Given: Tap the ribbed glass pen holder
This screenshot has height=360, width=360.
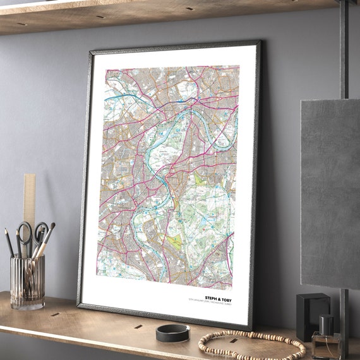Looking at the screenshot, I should (x=27, y=282).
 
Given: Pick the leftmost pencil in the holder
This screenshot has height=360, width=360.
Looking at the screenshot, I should (x=9, y=240).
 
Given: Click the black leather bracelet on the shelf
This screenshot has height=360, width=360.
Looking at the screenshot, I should (x=172, y=333).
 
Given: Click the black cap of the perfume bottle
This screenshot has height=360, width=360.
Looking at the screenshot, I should (x=327, y=325).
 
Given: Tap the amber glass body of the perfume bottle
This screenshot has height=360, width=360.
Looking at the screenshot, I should (x=326, y=346).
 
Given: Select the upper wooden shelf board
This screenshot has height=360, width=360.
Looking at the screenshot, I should (x=158, y=14).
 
